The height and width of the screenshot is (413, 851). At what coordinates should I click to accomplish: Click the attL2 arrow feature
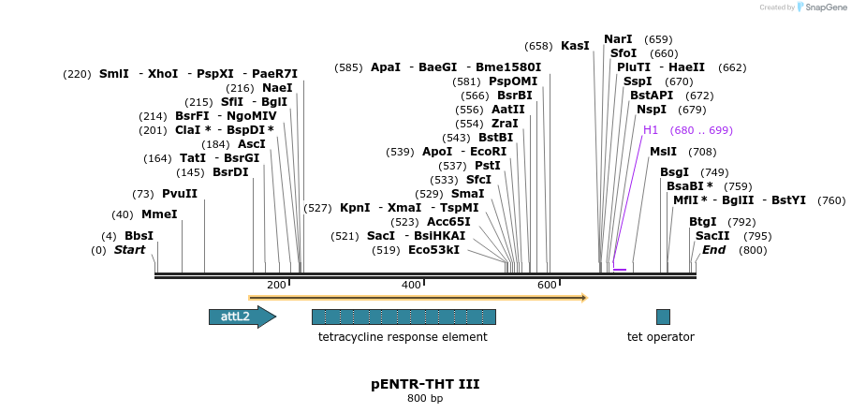[242, 317]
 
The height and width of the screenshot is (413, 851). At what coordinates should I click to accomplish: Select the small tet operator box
[663, 317]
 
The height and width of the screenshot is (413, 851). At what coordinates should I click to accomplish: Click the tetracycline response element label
[403, 337]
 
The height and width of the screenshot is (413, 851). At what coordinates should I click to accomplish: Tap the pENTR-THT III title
[425, 384]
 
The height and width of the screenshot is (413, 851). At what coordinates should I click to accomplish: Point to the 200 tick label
[276, 285]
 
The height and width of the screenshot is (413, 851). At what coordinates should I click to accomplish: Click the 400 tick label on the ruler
[411, 285]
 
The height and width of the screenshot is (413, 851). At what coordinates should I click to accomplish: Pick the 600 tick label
[547, 285]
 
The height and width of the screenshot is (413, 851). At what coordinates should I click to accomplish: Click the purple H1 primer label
[651, 130]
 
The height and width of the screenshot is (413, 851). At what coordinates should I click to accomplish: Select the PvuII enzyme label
[180, 194]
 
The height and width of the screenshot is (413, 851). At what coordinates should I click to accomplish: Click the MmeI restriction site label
[159, 214]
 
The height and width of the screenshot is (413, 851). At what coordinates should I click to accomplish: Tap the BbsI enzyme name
[139, 236]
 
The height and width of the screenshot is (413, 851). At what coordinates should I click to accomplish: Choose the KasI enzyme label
[576, 46]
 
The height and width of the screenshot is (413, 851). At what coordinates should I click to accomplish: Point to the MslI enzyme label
[663, 152]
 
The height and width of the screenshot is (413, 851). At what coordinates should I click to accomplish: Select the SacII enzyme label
[712, 236]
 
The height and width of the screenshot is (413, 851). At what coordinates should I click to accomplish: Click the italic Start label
[130, 250]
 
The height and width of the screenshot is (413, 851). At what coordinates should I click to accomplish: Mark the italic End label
[713, 250]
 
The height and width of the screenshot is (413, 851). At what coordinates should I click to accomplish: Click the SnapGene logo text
[826, 7]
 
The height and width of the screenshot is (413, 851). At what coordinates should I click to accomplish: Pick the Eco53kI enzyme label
[433, 250]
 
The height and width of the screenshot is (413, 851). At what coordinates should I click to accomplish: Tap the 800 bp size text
[425, 399]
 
